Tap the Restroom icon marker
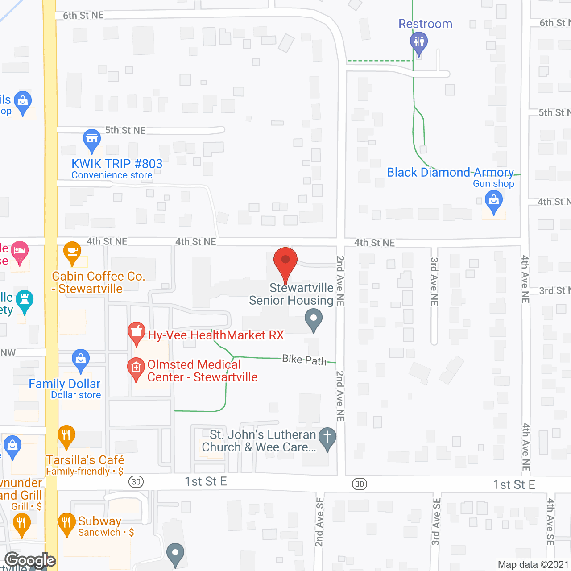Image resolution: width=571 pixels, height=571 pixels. pyautogui.click(x=418, y=42)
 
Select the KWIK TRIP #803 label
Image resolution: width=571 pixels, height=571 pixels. pyautogui.click(x=117, y=164)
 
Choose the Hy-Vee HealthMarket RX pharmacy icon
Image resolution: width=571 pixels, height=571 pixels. pyautogui.click(x=137, y=333)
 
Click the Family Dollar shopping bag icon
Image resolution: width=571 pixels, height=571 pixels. pyautogui.click(x=80, y=360)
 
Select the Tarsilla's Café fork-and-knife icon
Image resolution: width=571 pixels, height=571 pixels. pyautogui.click(x=66, y=436)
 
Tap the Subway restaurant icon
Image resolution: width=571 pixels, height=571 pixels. pyautogui.click(x=66, y=524)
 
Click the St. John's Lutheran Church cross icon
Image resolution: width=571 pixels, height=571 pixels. pyautogui.click(x=327, y=438)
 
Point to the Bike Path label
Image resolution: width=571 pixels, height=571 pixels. pyautogui.click(x=304, y=360)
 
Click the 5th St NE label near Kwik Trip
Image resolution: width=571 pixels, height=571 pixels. pyautogui.click(x=125, y=130)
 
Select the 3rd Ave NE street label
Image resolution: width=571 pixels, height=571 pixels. pyautogui.click(x=434, y=281)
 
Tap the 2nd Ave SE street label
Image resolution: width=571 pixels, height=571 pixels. pyautogui.click(x=319, y=522)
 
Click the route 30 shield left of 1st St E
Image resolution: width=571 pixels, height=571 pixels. pyautogui.click(x=136, y=482)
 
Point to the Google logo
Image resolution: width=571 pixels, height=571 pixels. pyautogui.click(x=30, y=560)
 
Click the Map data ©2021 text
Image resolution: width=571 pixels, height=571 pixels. pyautogui.click(x=533, y=565)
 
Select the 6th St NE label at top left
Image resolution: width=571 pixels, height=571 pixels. pyautogui.click(x=83, y=16)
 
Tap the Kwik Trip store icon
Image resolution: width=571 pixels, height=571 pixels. pyautogui.click(x=92, y=140)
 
